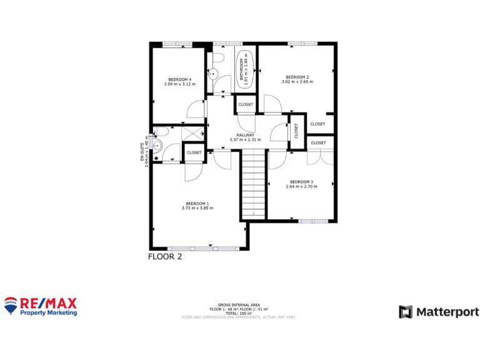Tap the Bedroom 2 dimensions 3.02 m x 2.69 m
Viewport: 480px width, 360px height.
[297, 82]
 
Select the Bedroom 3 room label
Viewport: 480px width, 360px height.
[301, 182]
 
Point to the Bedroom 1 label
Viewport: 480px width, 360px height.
[197, 203]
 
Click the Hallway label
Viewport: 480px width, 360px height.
[245, 135]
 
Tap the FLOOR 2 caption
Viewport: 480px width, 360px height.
[165, 256]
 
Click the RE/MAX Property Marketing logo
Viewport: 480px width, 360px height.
[41, 306]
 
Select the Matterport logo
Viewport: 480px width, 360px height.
[439, 311]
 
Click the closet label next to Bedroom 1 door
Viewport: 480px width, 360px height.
[194, 152]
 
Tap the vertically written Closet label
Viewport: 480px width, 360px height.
[296, 131]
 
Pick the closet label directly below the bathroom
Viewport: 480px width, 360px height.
[246, 104]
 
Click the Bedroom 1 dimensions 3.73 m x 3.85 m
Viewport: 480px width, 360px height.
[197, 208]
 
